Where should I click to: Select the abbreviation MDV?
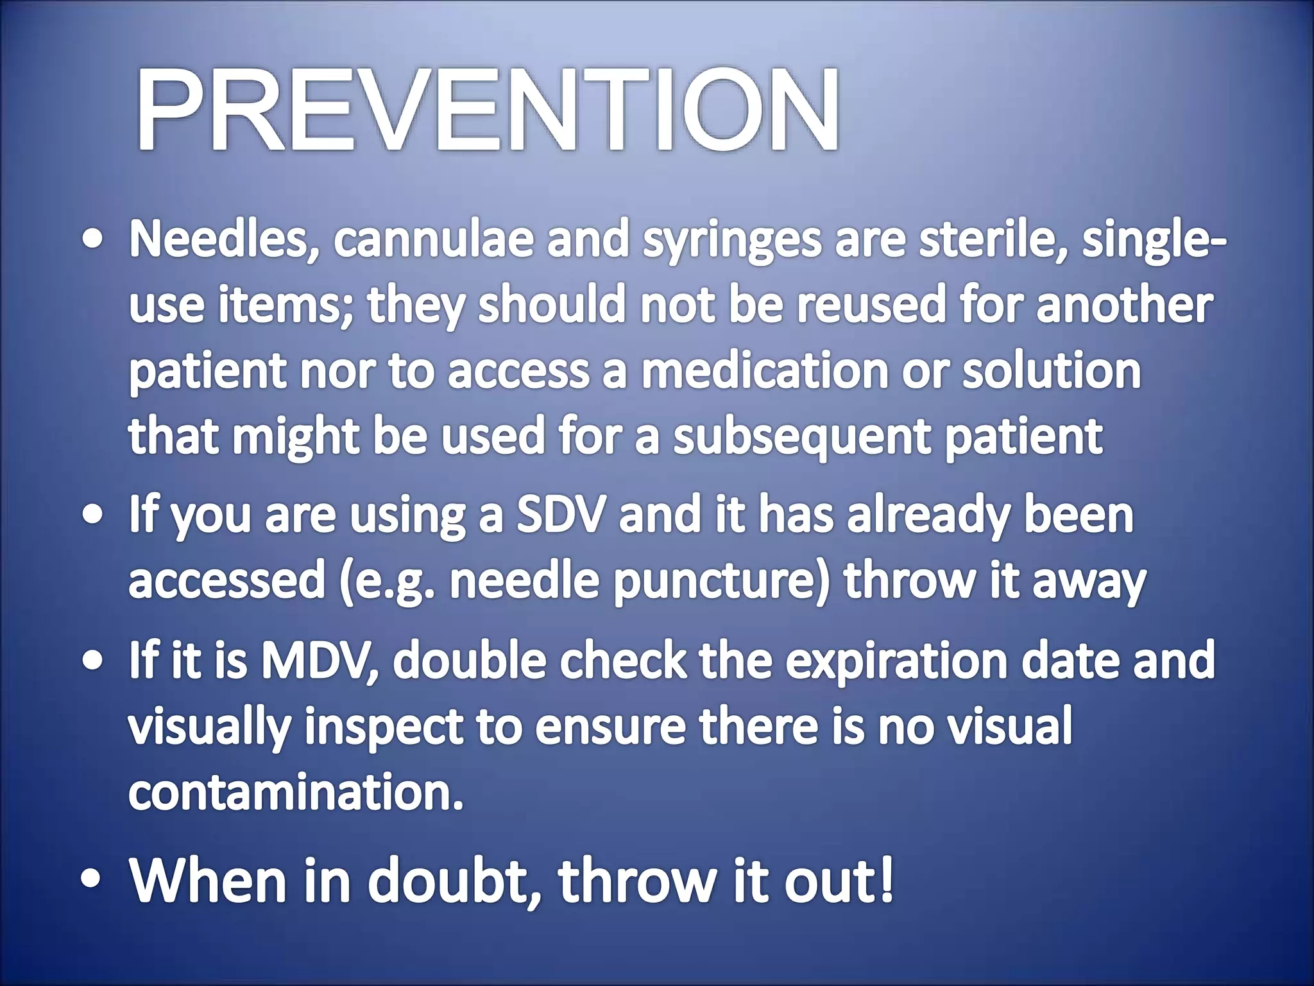pyautogui.click(x=321, y=661)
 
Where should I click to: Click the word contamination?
pyautogui.click(x=296, y=793)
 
